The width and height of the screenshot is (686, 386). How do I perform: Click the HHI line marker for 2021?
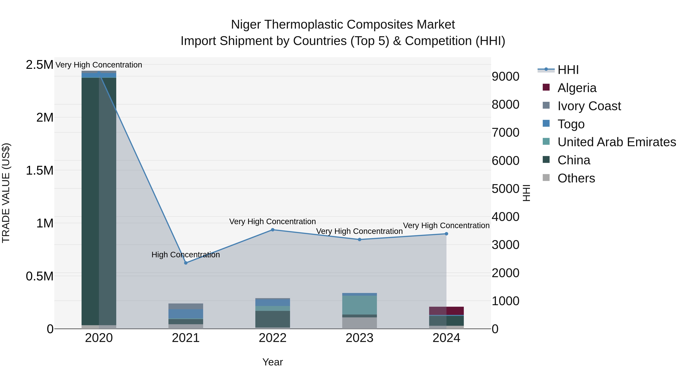click(186, 263)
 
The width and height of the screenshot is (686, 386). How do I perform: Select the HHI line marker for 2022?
click(272, 230)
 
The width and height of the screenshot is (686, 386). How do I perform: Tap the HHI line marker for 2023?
click(360, 239)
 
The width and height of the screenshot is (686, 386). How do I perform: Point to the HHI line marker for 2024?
click(446, 234)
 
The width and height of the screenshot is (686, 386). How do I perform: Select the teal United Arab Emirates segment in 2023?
click(360, 305)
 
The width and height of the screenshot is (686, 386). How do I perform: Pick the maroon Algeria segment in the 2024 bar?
click(446, 311)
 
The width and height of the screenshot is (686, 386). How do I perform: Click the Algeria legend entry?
click(577, 88)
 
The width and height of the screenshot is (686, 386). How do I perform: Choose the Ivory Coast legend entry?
click(589, 106)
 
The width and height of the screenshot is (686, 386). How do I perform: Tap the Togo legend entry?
click(571, 124)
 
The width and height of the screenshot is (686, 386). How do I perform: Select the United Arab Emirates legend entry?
click(616, 142)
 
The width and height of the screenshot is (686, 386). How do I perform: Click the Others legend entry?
click(576, 178)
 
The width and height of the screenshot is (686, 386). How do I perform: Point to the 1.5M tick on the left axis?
click(39, 170)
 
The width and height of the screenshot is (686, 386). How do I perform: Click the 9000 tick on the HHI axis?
click(505, 76)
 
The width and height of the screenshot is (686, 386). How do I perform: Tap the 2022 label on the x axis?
click(272, 338)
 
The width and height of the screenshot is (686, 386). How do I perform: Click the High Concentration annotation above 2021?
click(186, 255)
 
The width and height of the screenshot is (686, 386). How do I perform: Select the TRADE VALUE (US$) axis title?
click(6, 193)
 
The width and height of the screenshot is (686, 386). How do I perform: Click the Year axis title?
click(272, 362)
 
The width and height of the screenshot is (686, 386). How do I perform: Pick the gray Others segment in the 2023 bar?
click(360, 323)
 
